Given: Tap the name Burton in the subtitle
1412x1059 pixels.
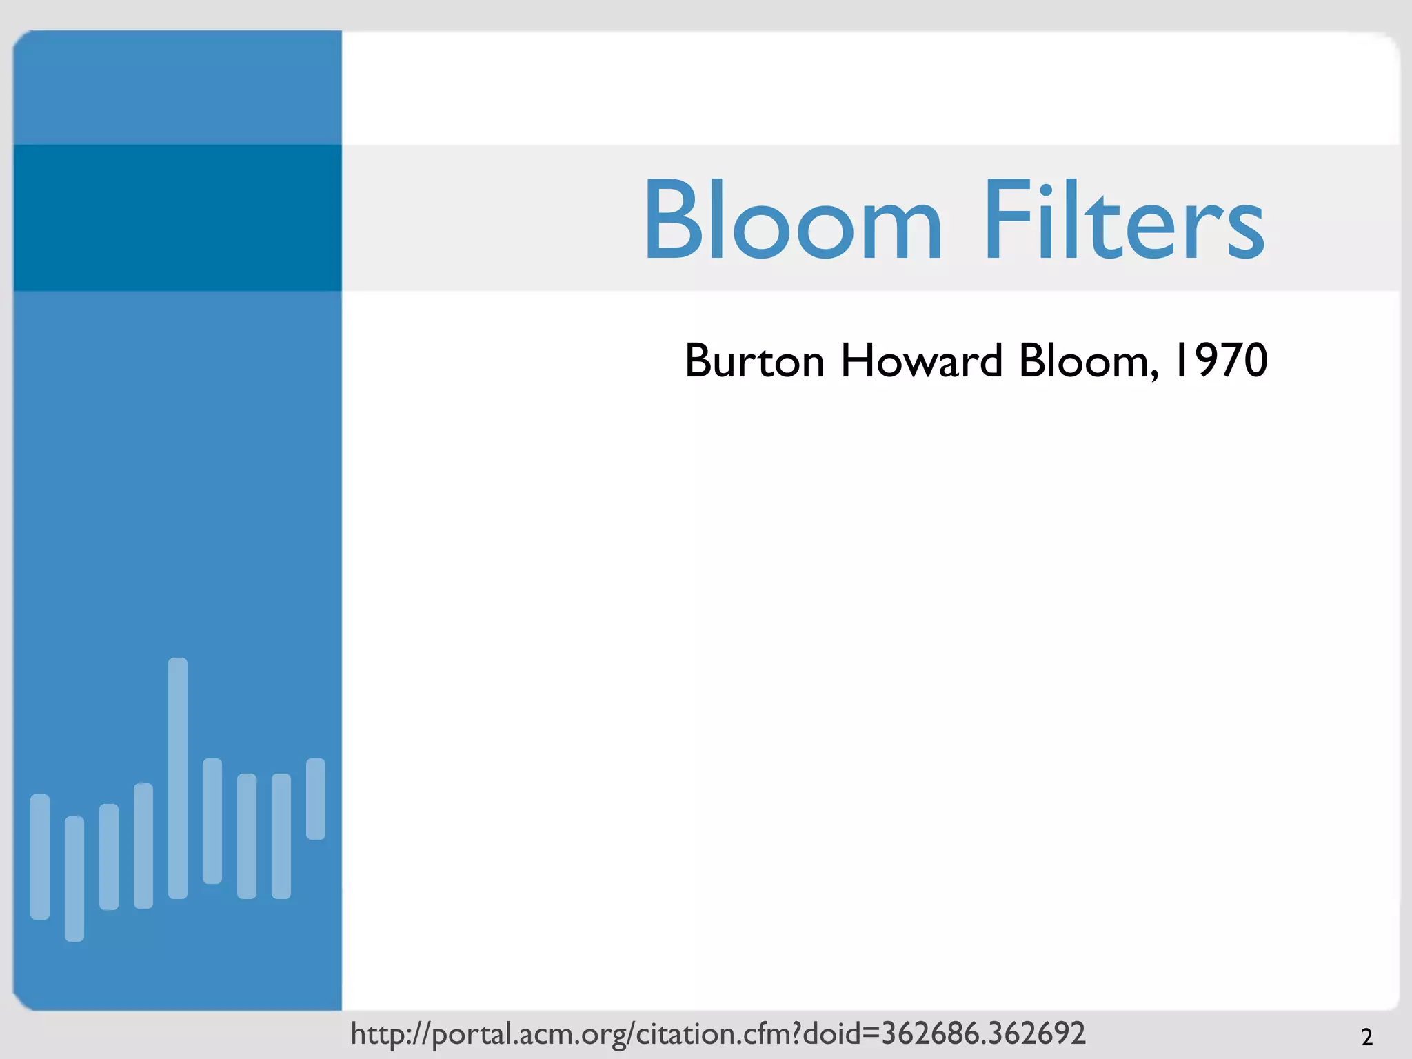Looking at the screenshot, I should [754, 361].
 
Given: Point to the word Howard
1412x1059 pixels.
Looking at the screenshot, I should [921, 361].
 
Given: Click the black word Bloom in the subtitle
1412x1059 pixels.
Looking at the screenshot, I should [1084, 361].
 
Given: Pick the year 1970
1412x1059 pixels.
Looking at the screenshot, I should [1220, 361].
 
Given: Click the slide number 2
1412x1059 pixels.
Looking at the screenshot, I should [1366, 1037].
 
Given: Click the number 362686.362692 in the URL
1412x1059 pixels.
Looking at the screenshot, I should [983, 1033].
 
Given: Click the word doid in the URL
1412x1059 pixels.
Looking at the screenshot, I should [831, 1033].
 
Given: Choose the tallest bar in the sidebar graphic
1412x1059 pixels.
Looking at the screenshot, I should [178, 778].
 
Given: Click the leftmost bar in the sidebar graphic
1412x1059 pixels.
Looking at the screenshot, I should [40, 856].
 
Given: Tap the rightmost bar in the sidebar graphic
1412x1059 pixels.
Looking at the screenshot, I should [316, 798].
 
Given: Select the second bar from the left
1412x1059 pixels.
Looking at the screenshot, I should [74, 878].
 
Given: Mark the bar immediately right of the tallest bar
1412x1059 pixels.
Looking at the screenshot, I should [212, 820].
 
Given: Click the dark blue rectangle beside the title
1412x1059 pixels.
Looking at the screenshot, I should [178, 218].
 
